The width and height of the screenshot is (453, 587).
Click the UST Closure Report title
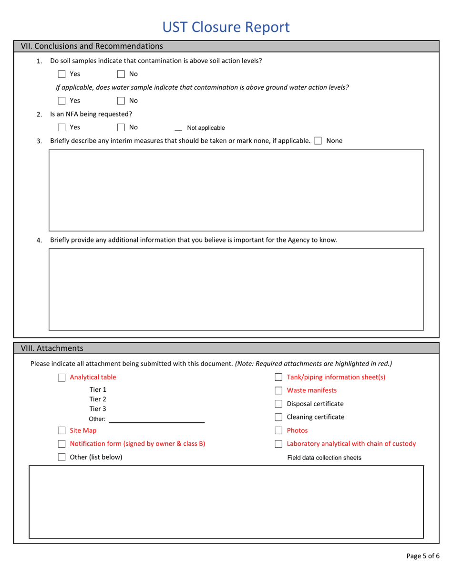pos(226,27)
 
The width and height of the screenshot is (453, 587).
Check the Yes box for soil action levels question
pos(62,74)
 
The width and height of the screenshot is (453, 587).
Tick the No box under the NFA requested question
pos(121,127)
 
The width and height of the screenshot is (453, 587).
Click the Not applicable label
pos(206,128)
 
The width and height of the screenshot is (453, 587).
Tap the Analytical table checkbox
pos(62,377)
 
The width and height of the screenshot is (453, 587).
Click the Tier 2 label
pos(98,399)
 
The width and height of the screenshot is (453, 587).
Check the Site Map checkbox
pos(62,430)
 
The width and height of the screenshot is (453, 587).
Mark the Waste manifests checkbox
pos(278,390)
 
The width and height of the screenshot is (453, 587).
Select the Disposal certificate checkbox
pos(278,404)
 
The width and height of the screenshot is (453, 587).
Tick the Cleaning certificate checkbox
pos(278,417)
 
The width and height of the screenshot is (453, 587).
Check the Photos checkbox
pos(278,430)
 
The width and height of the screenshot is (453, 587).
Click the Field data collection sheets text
pos(324,458)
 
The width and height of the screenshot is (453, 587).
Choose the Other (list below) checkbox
pos(62,457)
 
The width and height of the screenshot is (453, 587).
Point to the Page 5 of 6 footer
pos(422,556)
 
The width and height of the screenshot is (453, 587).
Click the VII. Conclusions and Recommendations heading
pos(92,46)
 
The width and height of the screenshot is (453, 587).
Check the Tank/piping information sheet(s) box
pos(278,377)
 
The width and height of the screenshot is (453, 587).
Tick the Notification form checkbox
pos(62,444)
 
